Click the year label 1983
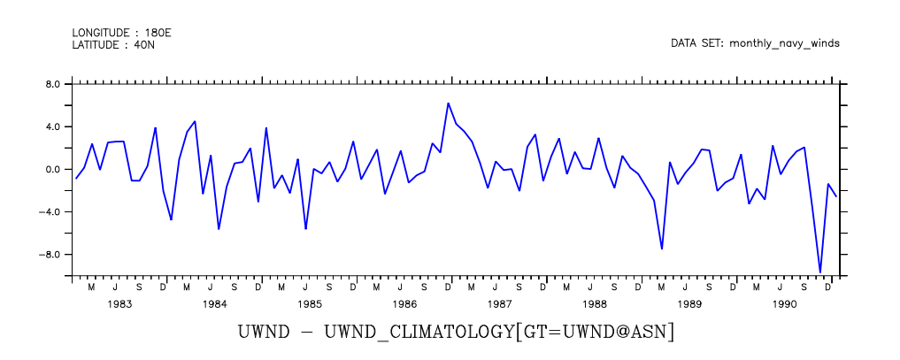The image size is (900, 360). [119, 304]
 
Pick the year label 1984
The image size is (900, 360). [215, 304]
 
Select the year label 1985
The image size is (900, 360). [310, 304]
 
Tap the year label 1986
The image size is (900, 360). [405, 304]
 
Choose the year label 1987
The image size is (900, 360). [499, 304]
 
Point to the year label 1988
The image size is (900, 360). [595, 304]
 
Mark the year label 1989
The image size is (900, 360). [689, 304]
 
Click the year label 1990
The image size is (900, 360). [785, 304]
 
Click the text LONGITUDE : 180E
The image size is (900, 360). [121, 33]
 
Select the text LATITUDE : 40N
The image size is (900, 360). [113, 44]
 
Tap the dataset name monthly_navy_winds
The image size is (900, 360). [784, 42]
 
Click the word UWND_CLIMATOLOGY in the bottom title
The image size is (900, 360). [421, 333]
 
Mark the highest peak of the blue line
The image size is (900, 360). [449, 103]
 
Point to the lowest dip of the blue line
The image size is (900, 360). [820, 272]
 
